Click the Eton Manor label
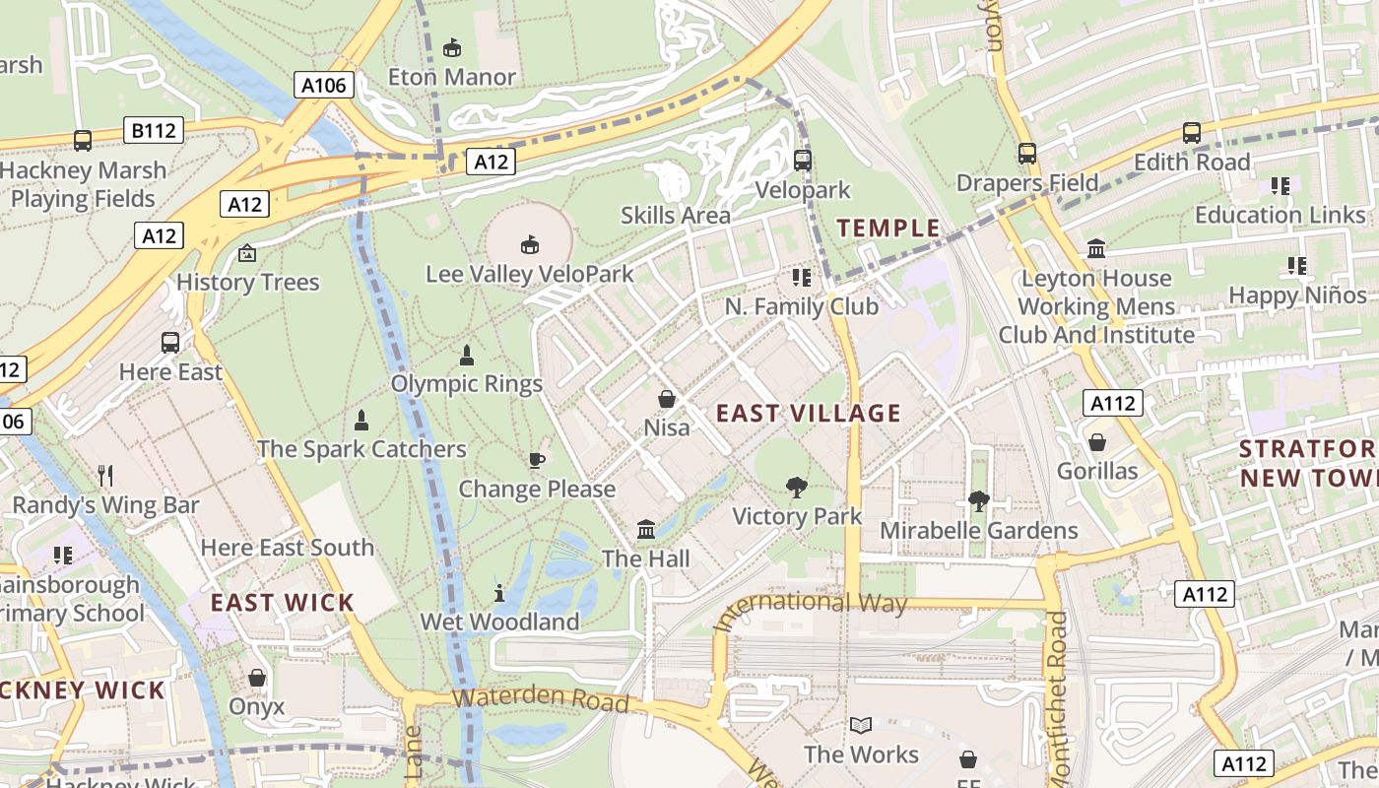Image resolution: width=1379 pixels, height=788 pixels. pos(451,77)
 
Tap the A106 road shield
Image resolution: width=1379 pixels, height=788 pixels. pos(323,85)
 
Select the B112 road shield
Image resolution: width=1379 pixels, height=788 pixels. pos(154,129)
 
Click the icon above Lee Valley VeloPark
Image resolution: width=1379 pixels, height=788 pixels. pos(530,244)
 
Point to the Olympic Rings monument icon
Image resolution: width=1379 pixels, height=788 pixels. pos(467,355)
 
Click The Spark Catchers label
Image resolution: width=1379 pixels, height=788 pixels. pos(361,449)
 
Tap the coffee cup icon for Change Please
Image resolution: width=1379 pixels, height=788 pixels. pos(537,460)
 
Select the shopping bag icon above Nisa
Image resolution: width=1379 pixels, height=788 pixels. pos(667,399)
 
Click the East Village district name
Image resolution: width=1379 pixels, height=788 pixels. pos(808,413)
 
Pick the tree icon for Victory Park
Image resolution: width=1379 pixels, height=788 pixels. pos(797,487)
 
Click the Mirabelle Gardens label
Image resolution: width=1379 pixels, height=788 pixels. pos(978,530)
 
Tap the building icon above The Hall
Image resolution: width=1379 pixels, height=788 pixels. pos(646,530)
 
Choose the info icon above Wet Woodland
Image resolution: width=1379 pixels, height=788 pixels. pos(499,593)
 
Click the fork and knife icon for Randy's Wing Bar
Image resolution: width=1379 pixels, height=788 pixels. pos(105,477)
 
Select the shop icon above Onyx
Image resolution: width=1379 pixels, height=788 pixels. pos(257,678)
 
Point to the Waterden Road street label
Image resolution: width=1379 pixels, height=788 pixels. pos(540,699)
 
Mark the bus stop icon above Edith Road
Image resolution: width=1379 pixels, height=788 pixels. pos(1192,133)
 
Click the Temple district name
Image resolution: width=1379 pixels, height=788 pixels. pos(888,229)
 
